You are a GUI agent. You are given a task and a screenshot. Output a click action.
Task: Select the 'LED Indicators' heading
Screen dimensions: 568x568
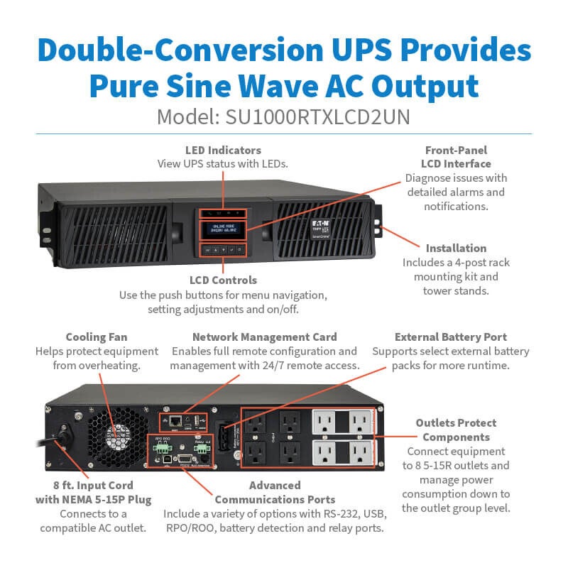pyautogui.click(x=223, y=151)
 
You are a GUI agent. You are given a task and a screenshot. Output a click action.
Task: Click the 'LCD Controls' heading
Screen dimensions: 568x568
pyautogui.click(x=224, y=280)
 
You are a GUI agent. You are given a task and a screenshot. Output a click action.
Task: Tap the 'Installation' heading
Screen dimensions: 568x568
pyautogui.click(x=456, y=248)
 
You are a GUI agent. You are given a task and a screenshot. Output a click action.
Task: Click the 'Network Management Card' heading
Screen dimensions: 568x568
pyautogui.click(x=264, y=337)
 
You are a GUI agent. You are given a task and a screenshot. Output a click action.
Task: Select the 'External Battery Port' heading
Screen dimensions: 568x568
pyautogui.click(x=450, y=337)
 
